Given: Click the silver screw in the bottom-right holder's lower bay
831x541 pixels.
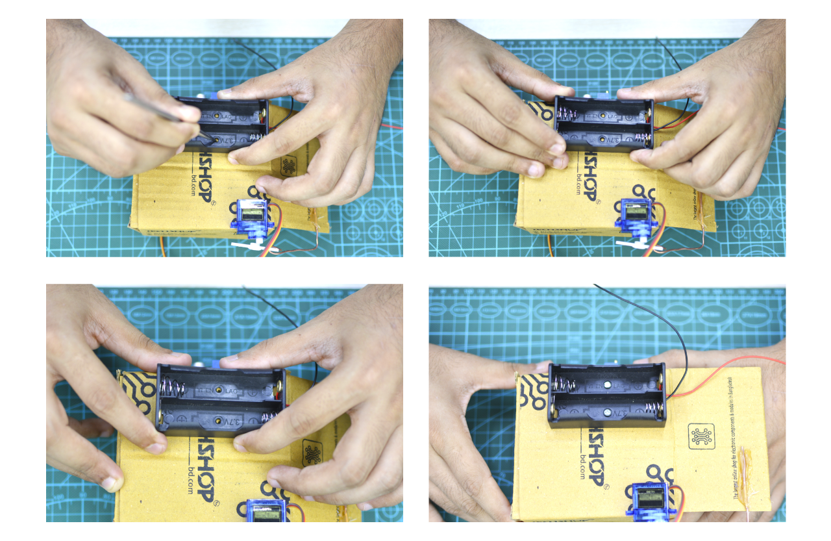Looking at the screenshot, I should (x=607, y=412).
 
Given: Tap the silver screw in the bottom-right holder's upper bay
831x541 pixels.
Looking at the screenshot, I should (x=607, y=385).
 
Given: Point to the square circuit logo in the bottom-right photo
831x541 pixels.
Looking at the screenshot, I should (x=702, y=436).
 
